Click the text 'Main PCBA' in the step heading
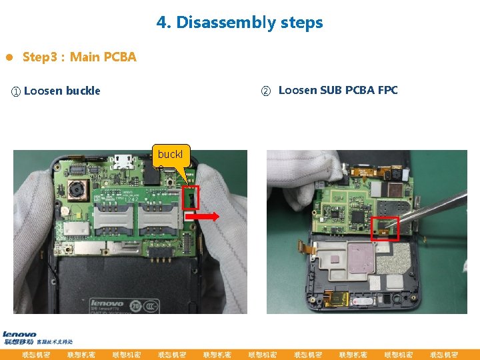(103, 57)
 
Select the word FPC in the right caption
(387, 91)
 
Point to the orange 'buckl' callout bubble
(171, 156)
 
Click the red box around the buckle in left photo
(190, 198)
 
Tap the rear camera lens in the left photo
(77, 192)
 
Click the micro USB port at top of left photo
(121, 161)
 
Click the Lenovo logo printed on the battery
(107, 303)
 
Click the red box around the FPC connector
(385, 228)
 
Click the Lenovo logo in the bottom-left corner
(19, 335)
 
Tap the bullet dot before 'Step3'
(9, 57)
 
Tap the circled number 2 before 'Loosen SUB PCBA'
(265, 91)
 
